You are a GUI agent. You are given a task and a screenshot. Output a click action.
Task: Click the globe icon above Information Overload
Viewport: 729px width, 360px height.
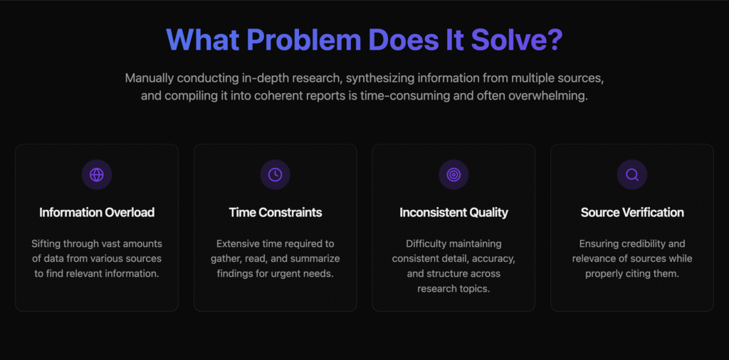coord(97,174)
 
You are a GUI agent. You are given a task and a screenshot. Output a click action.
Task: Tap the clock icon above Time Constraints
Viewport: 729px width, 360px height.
coord(276,174)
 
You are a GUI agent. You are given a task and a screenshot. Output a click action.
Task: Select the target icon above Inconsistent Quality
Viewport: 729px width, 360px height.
coord(453,174)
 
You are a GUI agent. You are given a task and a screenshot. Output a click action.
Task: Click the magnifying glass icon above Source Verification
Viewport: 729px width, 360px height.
coord(632,174)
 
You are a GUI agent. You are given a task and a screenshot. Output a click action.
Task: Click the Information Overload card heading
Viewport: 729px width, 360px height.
coord(97,213)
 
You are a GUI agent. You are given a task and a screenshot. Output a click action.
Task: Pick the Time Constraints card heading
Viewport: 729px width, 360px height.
coord(276,213)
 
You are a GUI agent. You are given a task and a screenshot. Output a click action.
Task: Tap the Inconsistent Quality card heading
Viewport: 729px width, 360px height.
coord(453,213)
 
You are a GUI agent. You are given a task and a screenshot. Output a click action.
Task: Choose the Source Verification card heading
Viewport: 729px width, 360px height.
coord(632,213)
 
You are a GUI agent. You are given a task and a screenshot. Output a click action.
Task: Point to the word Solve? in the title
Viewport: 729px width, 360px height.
coord(517,39)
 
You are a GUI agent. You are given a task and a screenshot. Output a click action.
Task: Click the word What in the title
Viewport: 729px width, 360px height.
coord(202,39)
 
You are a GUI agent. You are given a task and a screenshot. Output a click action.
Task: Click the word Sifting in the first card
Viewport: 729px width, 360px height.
coord(45,244)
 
